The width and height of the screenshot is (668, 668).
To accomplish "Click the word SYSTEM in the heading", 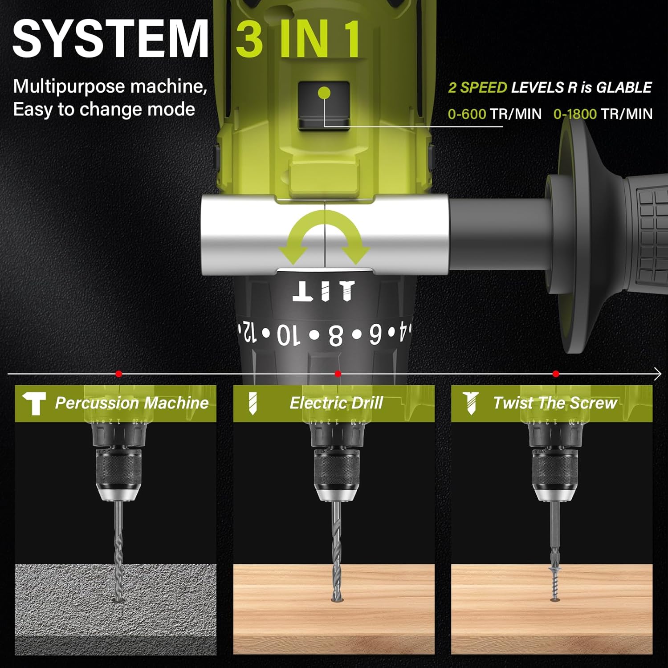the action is [110, 39].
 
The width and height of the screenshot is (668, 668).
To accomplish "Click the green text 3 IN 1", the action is [298, 39].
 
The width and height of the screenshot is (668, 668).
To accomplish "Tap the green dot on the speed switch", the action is [325, 93].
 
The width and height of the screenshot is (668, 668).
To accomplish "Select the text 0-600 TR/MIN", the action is [494, 114].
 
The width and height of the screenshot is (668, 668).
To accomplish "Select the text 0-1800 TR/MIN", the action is [603, 114].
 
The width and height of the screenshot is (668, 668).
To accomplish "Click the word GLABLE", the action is [624, 87].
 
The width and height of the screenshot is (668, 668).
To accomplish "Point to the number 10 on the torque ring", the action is [289, 335].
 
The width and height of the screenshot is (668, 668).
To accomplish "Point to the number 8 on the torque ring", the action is [336, 335].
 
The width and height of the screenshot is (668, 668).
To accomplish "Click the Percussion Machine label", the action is [132, 403].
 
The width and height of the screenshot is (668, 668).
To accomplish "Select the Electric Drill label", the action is [336, 403].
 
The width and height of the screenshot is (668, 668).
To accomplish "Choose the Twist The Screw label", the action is [555, 403].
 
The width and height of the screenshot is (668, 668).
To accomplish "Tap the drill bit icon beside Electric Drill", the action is [253, 403].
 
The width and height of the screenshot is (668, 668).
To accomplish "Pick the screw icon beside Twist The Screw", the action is [470, 403].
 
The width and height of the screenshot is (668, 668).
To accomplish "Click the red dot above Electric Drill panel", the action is [338, 374].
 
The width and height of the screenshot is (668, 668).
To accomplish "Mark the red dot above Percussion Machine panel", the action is [118, 374].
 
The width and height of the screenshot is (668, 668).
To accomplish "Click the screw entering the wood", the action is [555, 584].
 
